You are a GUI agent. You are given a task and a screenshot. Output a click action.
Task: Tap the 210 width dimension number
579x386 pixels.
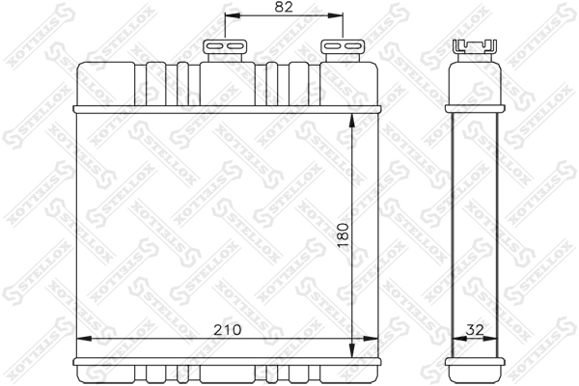(224, 329)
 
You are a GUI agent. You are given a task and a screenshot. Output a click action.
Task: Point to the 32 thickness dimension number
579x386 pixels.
(474, 329)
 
